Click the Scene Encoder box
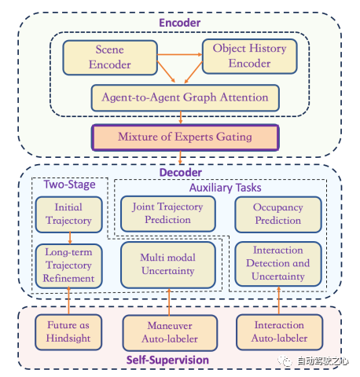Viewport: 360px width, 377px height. [x=110, y=57]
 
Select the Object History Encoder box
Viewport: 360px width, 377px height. [x=250, y=57]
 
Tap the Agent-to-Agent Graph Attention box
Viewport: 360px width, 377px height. [x=186, y=97]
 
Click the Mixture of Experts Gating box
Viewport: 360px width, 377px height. [x=186, y=137]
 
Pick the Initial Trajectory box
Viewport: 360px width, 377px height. [x=69, y=214]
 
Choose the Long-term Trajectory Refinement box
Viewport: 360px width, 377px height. [x=69, y=266]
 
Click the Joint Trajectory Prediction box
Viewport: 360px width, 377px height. [x=168, y=214]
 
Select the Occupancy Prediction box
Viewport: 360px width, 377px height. [x=278, y=214]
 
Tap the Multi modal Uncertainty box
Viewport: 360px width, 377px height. [x=168, y=265]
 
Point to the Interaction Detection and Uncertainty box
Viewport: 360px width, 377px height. [x=278, y=264]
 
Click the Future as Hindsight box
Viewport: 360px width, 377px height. [x=68, y=332]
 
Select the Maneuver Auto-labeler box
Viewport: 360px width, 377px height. [x=170, y=333]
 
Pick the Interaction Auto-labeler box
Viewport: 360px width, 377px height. [x=280, y=332]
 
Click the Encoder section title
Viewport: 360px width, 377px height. [x=180, y=23]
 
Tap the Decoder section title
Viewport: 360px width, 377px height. [x=181, y=173]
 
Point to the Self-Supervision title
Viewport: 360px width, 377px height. [x=167, y=360]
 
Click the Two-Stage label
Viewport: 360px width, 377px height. [x=69, y=185]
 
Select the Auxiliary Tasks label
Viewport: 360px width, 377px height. [x=226, y=188]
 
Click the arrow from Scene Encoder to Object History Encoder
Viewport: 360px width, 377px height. [x=180, y=54]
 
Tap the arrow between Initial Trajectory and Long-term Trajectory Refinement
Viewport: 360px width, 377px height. [x=70, y=238]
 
